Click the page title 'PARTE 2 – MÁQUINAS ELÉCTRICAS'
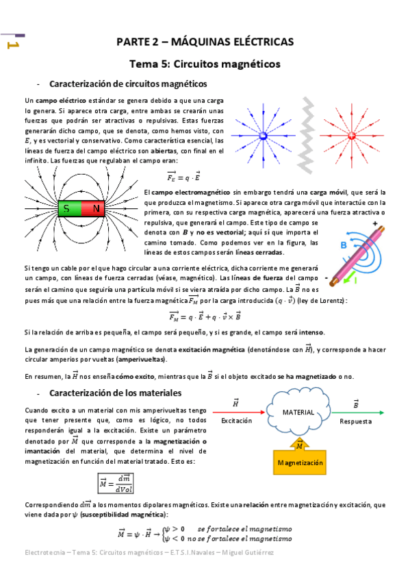(x=205, y=42)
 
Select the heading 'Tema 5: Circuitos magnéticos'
(x=205, y=64)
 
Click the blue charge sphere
(x=263, y=136)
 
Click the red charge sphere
(x=353, y=136)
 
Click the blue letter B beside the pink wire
(x=344, y=245)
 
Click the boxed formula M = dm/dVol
(x=125, y=482)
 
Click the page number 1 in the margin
(x=13, y=45)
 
